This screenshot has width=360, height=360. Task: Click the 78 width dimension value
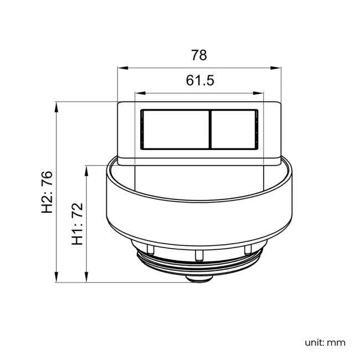199,55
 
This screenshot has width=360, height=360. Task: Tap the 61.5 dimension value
200,80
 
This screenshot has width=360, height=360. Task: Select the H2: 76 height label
47,192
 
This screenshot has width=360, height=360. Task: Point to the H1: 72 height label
77,224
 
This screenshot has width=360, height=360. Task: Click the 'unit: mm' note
325,343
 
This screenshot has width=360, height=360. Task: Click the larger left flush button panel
176,130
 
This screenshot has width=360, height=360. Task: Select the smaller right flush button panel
233,130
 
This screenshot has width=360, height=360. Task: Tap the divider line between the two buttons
210,130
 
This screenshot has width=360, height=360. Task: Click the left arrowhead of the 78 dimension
123,68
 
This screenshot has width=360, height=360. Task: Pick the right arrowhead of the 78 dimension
275,68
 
